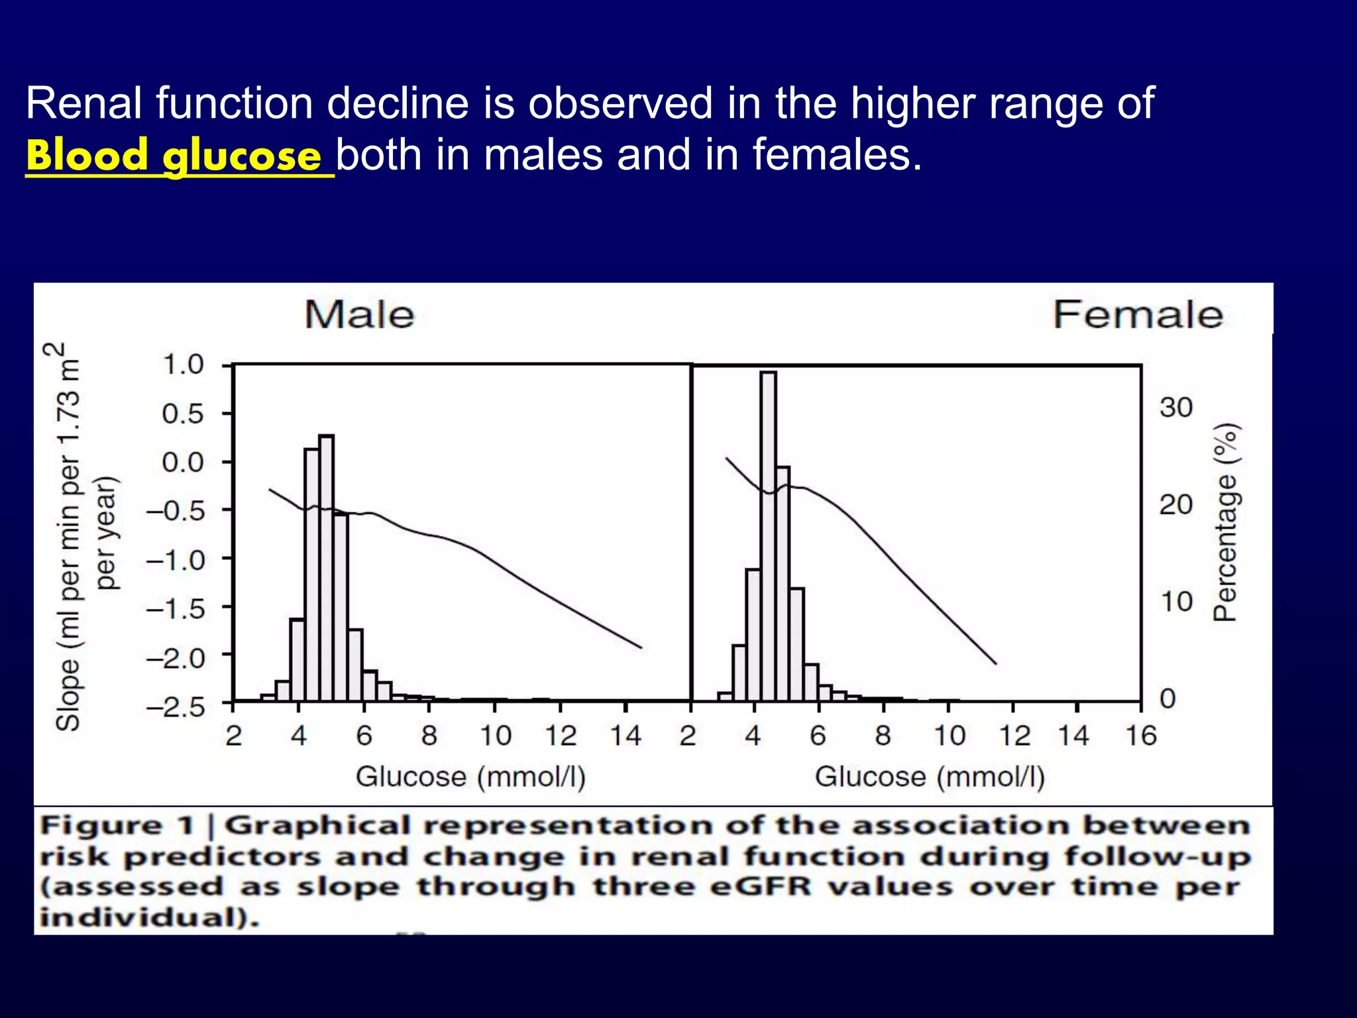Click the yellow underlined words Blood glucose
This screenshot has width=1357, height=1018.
[x=174, y=156]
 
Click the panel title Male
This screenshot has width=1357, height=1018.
[x=359, y=315]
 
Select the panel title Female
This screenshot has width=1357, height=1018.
[x=1138, y=315]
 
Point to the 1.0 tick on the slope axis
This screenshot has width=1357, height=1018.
[x=184, y=365]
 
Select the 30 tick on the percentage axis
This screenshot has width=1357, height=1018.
[x=1175, y=408]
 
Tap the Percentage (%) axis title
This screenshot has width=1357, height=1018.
[x=1224, y=522]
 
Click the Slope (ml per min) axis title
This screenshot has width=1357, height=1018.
[x=68, y=537]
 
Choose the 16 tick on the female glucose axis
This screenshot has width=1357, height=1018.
[x=1141, y=736]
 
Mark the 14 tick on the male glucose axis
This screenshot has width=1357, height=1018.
[x=625, y=736]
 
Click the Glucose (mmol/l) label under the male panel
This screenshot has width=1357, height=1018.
[x=470, y=777]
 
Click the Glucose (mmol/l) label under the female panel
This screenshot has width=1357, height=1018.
[x=930, y=777]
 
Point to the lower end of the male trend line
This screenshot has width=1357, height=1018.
[x=640, y=647]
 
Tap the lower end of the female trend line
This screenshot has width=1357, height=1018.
[x=995, y=662]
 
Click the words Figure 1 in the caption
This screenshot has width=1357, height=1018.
[x=117, y=826]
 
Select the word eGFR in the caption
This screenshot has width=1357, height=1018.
[x=760, y=887]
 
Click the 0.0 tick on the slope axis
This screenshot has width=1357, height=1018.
[x=184, y=462]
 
